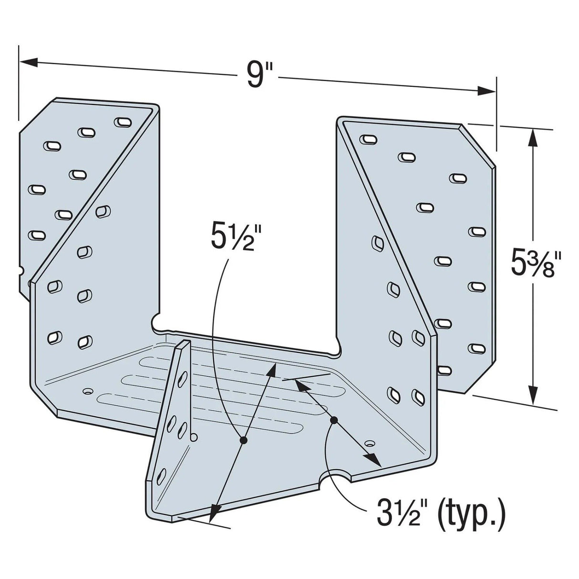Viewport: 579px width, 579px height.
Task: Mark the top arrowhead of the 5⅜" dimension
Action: click(x=533, y=136)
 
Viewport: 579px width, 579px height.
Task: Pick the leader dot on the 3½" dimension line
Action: click(x=334, y=420)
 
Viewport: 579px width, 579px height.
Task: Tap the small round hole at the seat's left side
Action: click(x=87, y=391)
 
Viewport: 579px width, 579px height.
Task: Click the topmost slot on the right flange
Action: click(x=368, y=139)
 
